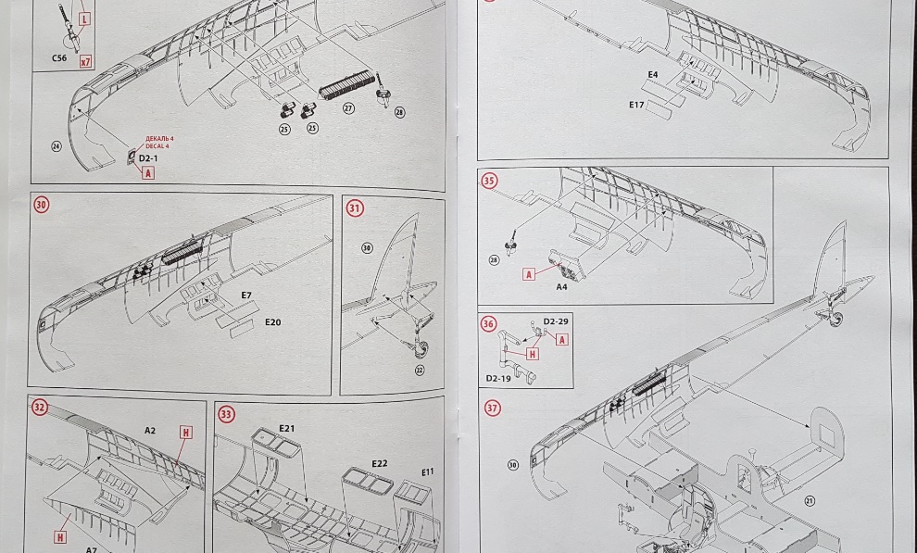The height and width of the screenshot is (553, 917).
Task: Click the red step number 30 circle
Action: [42, 205]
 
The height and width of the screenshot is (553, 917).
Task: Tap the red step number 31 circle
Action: [356, 208]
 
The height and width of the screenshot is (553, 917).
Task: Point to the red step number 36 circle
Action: [489, 323]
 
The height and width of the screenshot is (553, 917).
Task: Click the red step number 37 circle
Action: [492, 408]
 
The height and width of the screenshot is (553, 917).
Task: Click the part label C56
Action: [60, 57]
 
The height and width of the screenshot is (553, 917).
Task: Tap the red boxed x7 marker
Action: [86, 62]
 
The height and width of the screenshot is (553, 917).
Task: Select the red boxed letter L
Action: [84, 19]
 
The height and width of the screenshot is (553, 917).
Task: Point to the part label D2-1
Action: [148, 158]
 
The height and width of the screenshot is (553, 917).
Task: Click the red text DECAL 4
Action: [159, 145]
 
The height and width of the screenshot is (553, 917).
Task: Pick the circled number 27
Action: [348, 108]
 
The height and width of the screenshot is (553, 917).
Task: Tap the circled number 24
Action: [57, 146]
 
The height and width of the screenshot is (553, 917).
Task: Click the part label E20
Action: [272, 322]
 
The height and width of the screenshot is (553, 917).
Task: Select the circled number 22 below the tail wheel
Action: [420, 370]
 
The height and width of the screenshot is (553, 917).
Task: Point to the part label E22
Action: [380, 463]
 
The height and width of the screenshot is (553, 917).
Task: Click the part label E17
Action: [636, 105]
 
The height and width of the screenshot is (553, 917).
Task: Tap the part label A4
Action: [561, 287]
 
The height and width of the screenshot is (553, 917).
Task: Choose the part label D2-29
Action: [556, 321]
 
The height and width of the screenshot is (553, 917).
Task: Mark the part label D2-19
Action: [497, 378]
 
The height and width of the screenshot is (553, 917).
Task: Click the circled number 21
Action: [810, 501]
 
